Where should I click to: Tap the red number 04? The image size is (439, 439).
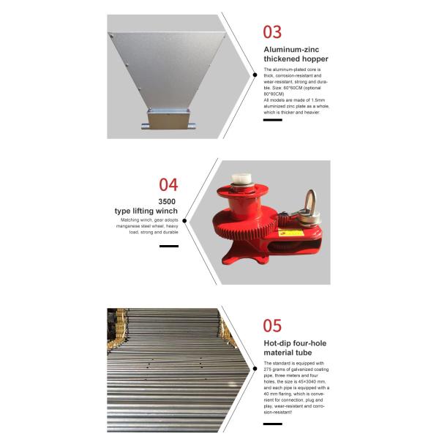pos(168,184)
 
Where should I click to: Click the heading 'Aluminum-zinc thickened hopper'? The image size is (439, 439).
pos(296,54)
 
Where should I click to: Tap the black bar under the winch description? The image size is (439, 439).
pos(169,246)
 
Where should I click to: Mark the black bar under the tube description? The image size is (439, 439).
pos(272,423)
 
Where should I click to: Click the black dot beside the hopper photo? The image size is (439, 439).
pos(254,74)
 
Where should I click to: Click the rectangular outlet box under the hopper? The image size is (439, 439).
pos(169,118)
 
